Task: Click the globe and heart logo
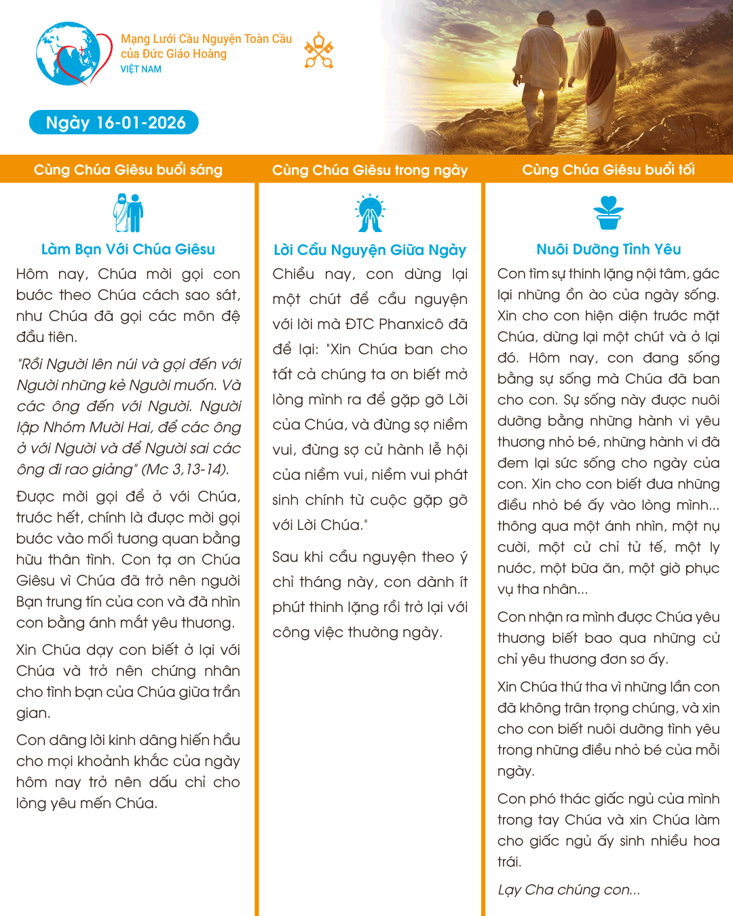pyautogui.click(x=73, y=54)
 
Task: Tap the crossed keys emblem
pyautogui.click(x=318, y=50)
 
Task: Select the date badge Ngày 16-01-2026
pyautogui.click(x=114, y=123)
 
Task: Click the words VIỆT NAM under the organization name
pyautogui.click(x=141, y=69)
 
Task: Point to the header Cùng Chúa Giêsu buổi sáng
pyautogui.click(x=128, y=170)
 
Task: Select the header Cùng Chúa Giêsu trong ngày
pyautogui.click(x=370, y=170)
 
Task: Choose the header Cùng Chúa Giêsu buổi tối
pyautogui.click(x=608, y=170)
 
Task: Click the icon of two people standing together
pyautogui.click(x=128, y=213)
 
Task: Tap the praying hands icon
pyautogui.click(x=370, y=214)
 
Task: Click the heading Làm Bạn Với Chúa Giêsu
pyautogui.click(x=128, y=250)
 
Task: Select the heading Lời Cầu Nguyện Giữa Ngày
pyautogui.click(x=370, y=250)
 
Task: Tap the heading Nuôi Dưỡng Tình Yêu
pyautogui.click(x=608, y=250)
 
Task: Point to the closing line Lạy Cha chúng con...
pyautogui.click(x=569, y=890)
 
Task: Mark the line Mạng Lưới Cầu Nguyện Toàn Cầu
pyautogui.click(x=206, y=39)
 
